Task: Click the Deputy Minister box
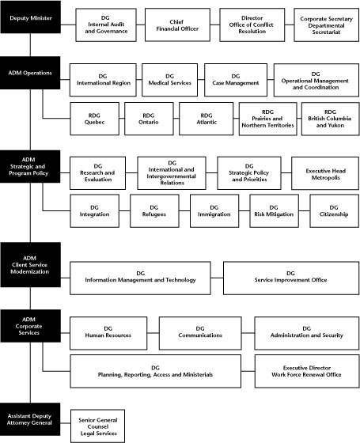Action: [30, 17]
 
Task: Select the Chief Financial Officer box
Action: [180, 26]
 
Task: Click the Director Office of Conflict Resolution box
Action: [252, 26]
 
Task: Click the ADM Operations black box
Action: [30, 73]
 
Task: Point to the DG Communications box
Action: [199, 331]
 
